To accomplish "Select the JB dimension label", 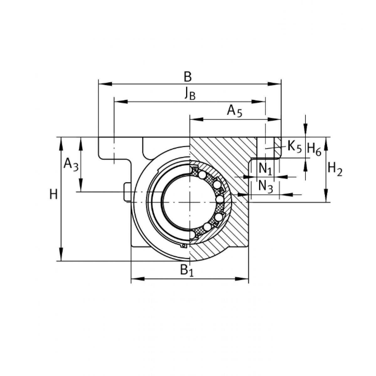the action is coord(190,93).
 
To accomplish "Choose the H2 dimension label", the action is coord(335,170).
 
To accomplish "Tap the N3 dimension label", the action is coord(266,187).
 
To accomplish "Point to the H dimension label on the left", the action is coord(53,195).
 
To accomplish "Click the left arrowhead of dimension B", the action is coord(105,84).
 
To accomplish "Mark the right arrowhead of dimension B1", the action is coord(242,279).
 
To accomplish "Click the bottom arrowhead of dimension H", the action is coord(61,254).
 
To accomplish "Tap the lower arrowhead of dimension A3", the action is coord(81,185).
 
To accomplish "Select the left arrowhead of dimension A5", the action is coord(196,119).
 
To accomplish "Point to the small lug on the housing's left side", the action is coord(127,192).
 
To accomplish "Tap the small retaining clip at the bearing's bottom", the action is coord(184,246).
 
